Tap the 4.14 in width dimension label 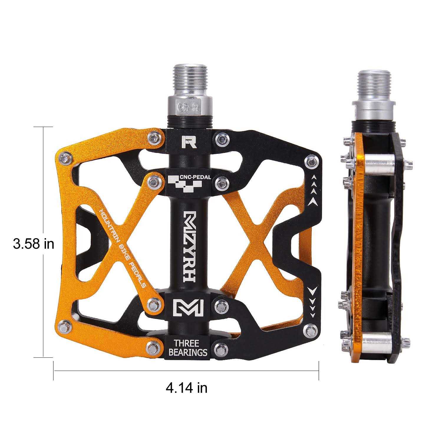186,387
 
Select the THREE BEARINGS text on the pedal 188,347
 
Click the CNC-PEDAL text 195,177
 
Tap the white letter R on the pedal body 189,142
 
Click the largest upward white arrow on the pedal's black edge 313,201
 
